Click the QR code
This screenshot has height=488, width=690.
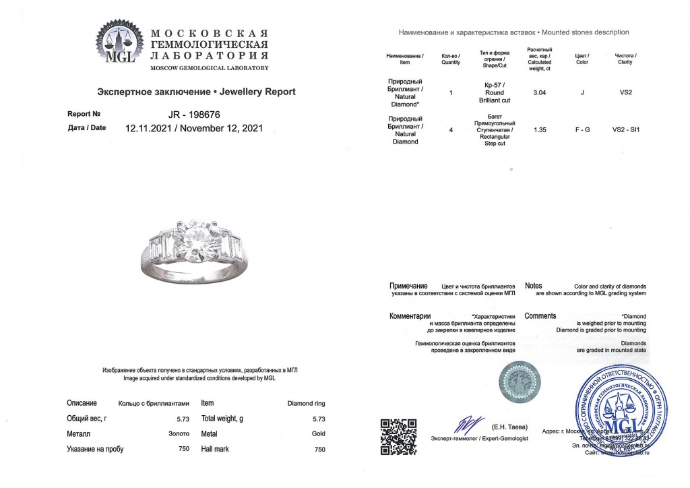point(399,437)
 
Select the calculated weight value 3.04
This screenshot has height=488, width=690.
point(539,92)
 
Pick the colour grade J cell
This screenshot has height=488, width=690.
point(582,92)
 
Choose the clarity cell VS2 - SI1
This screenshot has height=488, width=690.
point(625,129)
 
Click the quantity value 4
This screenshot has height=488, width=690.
point(450,129)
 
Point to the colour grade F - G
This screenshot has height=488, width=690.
point(582,129)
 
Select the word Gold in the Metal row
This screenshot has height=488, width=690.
point(319,434)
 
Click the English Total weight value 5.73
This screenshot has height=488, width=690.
point(319,419)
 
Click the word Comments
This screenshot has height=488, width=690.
point(540,316)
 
